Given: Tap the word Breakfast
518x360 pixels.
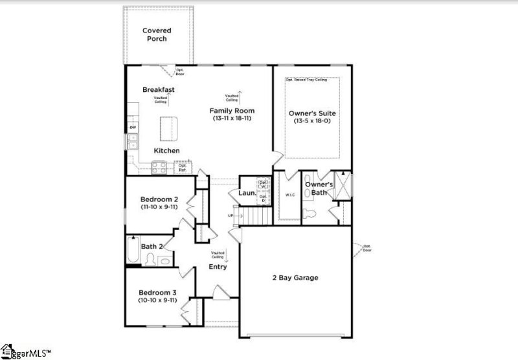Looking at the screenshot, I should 159,90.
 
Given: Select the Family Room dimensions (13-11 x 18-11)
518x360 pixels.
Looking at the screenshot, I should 231,118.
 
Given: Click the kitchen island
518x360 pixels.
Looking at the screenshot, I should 168,128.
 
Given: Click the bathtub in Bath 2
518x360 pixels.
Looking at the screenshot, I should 132,251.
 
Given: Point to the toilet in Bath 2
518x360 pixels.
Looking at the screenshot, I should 150,260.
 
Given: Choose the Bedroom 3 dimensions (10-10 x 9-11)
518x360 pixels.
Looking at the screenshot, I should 158,300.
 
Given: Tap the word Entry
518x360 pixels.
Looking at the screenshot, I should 218,267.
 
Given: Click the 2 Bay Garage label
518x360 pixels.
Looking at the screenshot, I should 295,278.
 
